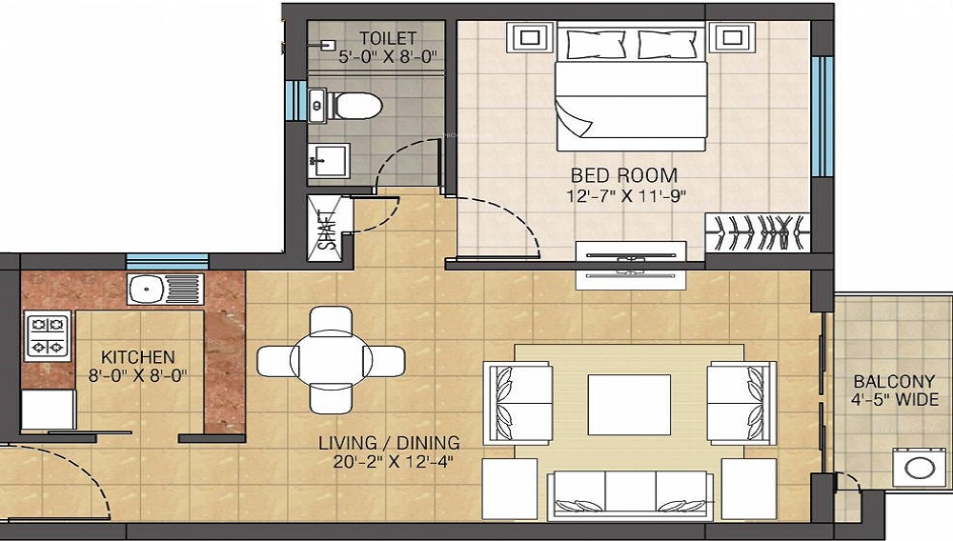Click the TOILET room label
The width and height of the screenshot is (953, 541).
pyautogui.click(x=388, y=38)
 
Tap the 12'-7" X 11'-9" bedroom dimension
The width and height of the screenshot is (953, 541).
pyautogui.click(x=626, y=196)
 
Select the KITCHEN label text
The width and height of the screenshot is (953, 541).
pyautogui.click(x=138, y=356)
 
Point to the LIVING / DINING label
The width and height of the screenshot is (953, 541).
pyautogui.click(x=389, y=443)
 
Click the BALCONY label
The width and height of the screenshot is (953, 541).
pyautogui.click(x=894, y=381)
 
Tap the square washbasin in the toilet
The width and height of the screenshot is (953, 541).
pyautogui.click(x=329, y=161)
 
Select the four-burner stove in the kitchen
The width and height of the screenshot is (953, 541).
pyautogui.click(x=48, y=336)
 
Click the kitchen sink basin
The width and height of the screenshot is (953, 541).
pyautogui.click(x=147, y=289)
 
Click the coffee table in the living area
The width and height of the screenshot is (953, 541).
pyautogui.click(x=629, y=405)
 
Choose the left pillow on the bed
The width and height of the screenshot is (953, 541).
pyautogui.click(x=596, y=45)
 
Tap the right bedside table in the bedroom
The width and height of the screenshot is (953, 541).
pyautogui.click(x=732, y=38)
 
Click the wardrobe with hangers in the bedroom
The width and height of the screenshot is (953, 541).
pyautogui.click(x=758, y=232)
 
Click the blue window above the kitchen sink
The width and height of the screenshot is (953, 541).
pyautogui.click(x=167, y=262)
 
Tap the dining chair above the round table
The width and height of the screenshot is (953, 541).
pyautogui.click(x=331, y=320)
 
